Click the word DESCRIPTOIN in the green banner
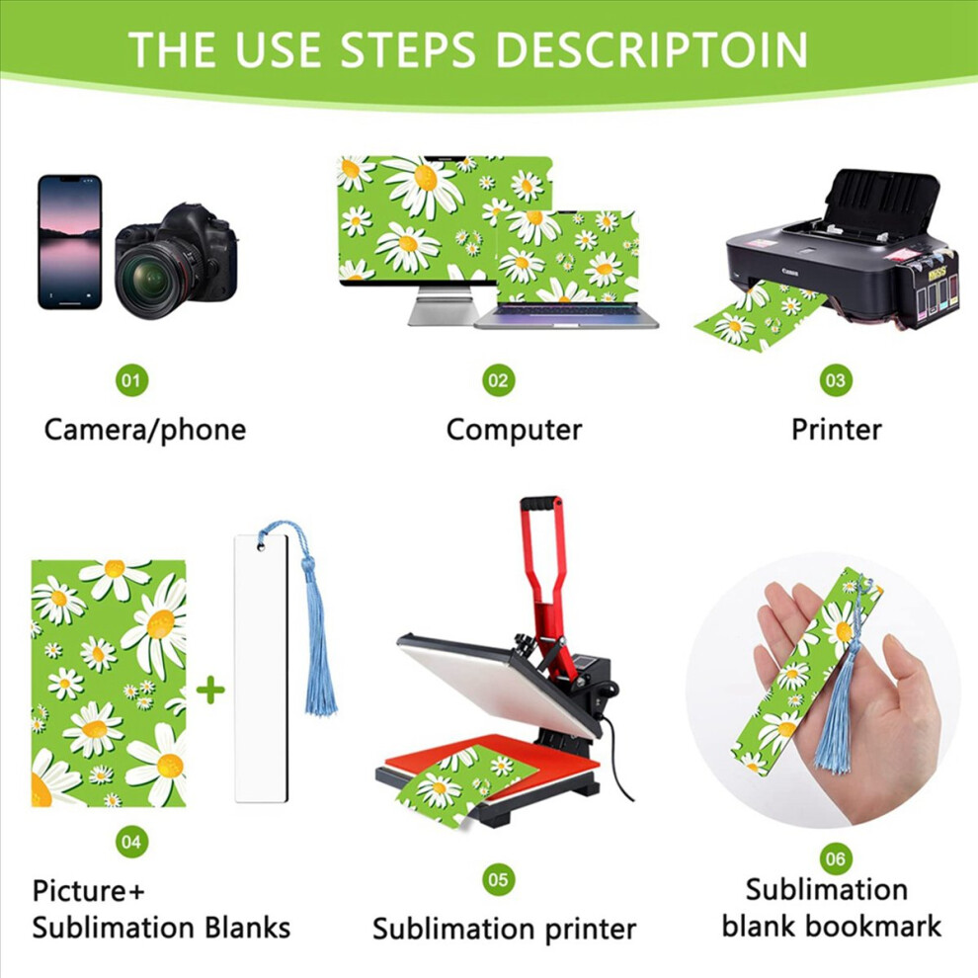click(x=652, y=49)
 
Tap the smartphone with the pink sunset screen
click(x=70, y=242)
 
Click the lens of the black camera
click(x=151, y=280)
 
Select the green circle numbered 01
click(x=131, y=380)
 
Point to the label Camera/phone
click(x=144, y=430)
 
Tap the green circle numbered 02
click(x=498, y=380)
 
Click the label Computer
click(x=514, y=430)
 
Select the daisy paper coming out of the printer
click(x=758, y=316)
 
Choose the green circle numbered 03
click(x=836, y=380)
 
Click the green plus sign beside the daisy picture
click(x=210, y=690)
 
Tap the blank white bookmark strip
click(x=262, y=668)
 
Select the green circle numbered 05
click(x=498, y=879)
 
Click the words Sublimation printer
click(x=504, y=929)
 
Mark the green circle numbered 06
click(x=836, y=858)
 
